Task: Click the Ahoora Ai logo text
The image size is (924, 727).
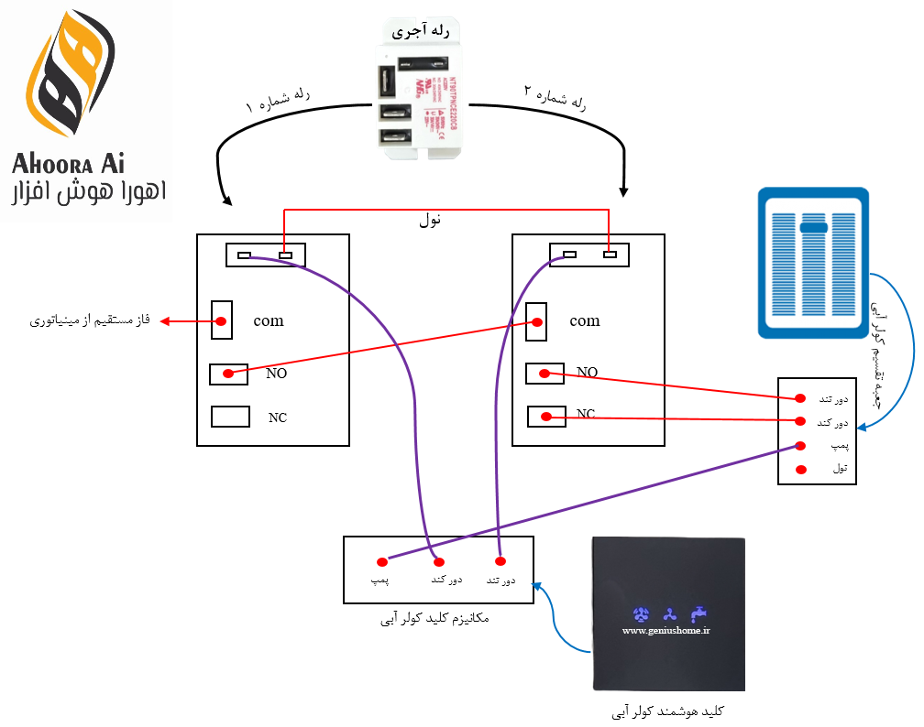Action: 69,164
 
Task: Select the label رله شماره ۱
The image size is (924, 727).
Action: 277,101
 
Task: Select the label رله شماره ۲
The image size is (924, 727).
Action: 555,98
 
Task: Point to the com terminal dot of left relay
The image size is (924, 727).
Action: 222,321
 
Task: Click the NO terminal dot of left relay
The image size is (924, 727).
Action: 228,374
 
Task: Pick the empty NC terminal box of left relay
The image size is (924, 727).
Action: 230,417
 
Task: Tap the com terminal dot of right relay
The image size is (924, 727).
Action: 537,322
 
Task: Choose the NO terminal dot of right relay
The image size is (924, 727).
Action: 544,373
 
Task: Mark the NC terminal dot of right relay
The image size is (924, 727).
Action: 546,417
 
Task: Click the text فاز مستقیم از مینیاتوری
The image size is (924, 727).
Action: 89,321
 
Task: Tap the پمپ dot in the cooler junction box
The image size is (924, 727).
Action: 800,446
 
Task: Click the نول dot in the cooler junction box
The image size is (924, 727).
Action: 800,470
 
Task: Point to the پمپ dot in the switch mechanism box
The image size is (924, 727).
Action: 381,561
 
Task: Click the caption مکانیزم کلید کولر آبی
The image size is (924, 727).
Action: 434,619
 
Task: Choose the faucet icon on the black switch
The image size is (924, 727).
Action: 699,612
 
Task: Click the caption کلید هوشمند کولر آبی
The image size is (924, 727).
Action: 668,711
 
